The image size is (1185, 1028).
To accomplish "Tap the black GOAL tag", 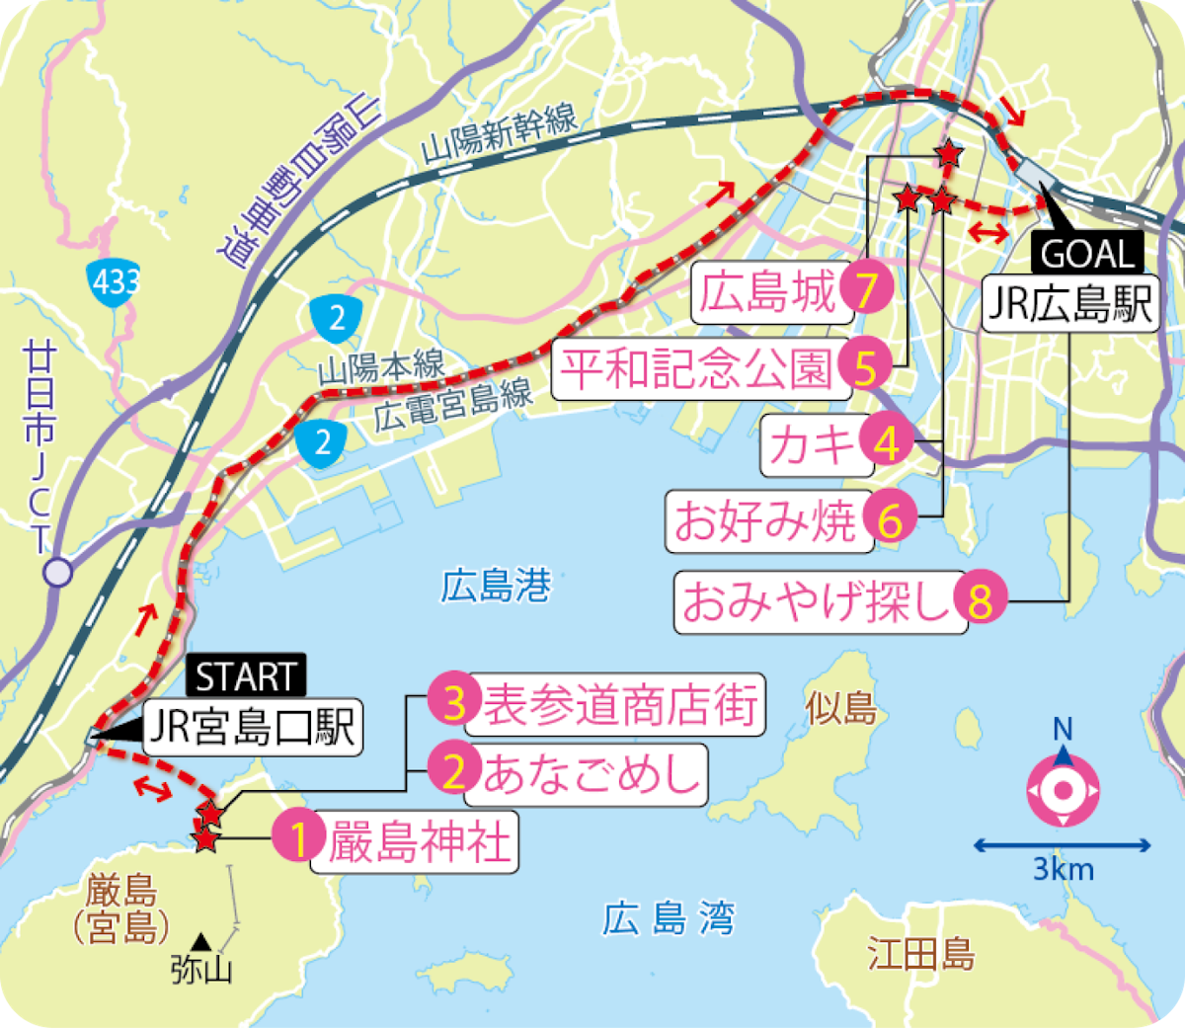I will pos(1086,254).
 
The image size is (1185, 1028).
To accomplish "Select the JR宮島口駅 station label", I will pos(252,729).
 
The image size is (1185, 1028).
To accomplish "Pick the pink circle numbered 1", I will pos(299,839).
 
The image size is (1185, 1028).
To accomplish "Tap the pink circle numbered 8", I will pos(980,600).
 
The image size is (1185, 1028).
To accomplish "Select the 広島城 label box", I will pos(770,292).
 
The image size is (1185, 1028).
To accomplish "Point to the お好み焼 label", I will pos(766,519).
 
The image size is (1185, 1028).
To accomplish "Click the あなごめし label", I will pos(591,773).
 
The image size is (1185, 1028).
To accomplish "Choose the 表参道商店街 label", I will pos(620,705).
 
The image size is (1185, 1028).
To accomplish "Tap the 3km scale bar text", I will pos(1064,870).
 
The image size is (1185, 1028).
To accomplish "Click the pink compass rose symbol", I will pos(1063,790).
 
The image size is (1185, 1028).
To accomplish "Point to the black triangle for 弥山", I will pos(201,942).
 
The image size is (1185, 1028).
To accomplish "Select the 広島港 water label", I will pos(496,588).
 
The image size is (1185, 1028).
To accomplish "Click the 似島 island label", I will pos(841,708).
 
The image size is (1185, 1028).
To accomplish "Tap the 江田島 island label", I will pos(921,955).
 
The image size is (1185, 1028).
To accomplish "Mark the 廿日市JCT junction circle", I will pos(59,572).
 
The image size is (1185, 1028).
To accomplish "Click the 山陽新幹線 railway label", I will pos(500,135).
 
